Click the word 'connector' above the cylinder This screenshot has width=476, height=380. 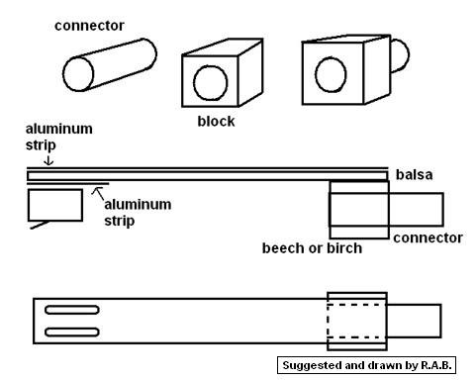click(89, 26)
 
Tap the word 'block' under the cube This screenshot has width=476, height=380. click(216, 121)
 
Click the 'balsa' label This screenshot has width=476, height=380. click(414, 174)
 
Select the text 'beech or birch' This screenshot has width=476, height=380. click(312, 248)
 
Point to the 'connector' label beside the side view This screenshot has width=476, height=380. click(428, 237)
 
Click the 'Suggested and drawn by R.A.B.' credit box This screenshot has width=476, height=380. click(366, 365)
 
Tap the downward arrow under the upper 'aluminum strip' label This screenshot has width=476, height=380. click(48, 160)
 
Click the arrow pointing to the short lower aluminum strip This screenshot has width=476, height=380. click(98, 193)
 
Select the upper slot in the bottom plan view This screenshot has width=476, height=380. click(72, 310)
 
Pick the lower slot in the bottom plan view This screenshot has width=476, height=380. click(72, 332)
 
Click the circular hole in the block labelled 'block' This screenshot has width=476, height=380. click(211, 82)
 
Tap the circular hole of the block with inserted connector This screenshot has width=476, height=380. click(331, 74)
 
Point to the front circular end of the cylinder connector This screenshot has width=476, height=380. click(78, 74)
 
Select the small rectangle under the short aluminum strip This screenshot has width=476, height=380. click(55, 205)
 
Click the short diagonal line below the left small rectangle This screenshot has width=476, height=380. click(40, 225)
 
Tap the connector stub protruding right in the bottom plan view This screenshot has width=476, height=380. click(414, 321)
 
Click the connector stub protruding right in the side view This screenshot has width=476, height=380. click(417, 210)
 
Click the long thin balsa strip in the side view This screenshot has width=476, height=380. click(207, 176)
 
